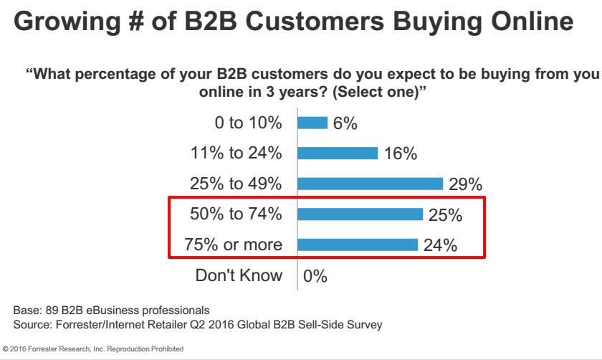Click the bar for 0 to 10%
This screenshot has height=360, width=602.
[x=312, y=123]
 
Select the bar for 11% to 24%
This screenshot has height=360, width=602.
[x=338, y=153]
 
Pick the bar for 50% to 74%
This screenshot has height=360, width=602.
[x=360, y=214]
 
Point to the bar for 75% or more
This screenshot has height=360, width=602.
[x=358, y=245]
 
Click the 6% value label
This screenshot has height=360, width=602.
[x=345, y=123]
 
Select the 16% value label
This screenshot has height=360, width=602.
[x=400, y=153]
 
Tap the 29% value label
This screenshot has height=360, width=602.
[x=466, y=184]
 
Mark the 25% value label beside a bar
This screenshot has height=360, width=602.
[x=444, y=214]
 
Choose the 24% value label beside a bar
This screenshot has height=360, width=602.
[x=439, y=245]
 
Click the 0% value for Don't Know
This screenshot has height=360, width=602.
[x=315, y=276]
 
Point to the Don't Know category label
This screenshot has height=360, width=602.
[x=239, y=275]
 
